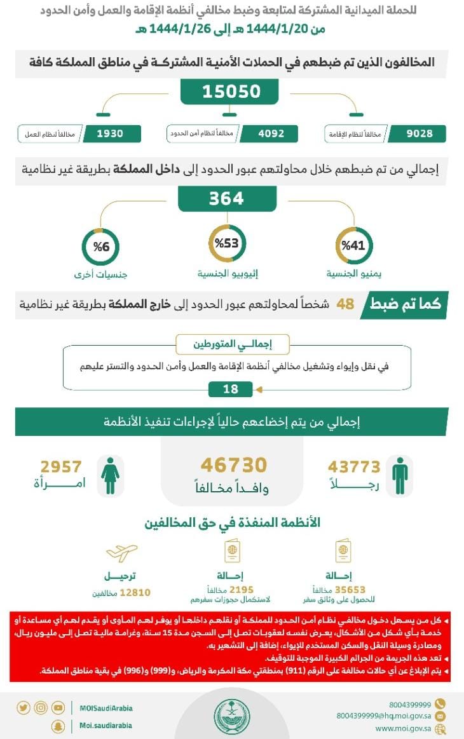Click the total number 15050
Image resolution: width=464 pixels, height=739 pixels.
tap(231, 92)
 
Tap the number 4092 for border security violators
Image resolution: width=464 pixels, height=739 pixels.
tap(271, 133)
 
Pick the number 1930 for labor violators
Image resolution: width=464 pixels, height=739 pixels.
tap(110, 133)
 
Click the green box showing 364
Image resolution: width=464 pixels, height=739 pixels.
tap(226, 198)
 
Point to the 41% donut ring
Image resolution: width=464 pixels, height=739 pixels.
tap(353, 246)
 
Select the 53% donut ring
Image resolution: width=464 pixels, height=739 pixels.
tap(227, 243)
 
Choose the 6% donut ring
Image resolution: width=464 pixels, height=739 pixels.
tap(100, 247)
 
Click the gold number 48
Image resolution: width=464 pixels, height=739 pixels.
tap(345, 304)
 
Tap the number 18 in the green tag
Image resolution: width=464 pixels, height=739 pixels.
tap(230, 389)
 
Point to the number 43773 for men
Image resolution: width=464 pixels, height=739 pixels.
tap(354, 467)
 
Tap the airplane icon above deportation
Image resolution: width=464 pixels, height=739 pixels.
tap(121, 553)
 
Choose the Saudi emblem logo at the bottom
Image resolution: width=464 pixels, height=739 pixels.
tap(231, 715)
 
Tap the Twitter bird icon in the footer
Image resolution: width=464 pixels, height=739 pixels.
tap(24, 708)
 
